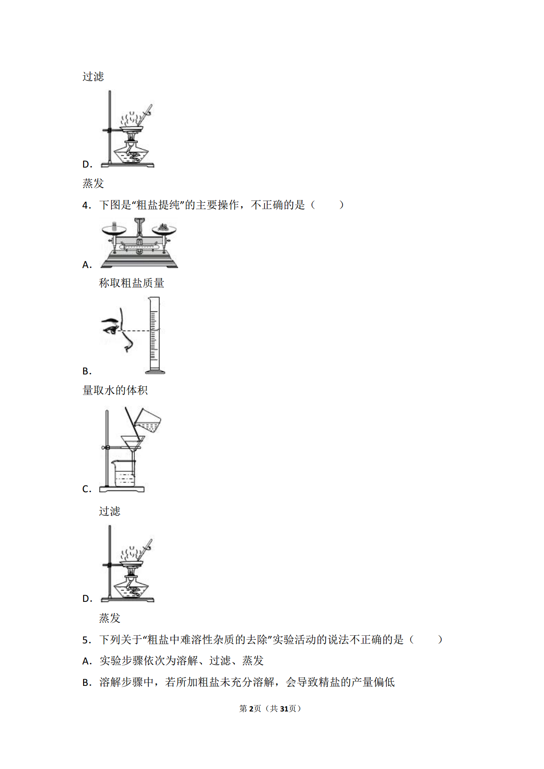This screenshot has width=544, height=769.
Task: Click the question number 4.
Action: (86, 205)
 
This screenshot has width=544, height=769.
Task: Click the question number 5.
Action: (86, 640)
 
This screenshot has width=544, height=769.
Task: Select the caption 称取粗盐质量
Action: (132, 283)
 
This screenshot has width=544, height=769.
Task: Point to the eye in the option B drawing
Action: (111, 330)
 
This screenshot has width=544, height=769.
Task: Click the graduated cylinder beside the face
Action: (154, 335)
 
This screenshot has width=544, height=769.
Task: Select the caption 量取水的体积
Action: (115, 390)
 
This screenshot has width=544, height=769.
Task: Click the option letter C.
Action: (86, 489)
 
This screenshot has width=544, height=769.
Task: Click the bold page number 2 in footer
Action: (251, 709)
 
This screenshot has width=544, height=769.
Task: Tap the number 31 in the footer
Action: (284, 709)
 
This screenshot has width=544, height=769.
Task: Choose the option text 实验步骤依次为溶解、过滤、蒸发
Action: (182, 661)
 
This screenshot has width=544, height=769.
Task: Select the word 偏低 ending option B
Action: (384, 682)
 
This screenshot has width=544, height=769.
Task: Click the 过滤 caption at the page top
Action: (93, 76)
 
